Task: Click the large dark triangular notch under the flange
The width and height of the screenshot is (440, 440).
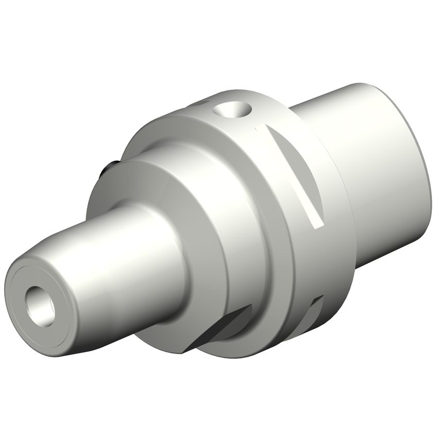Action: point(222,330)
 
